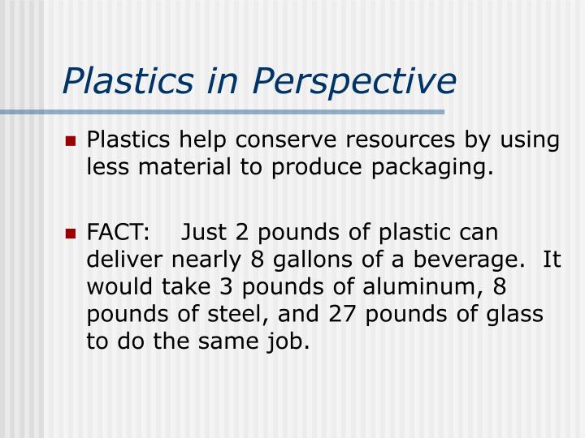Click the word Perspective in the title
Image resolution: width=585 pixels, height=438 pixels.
click(x=354, y=80)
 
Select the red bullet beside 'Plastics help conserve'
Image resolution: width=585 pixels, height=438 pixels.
click(x=71, y=141)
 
